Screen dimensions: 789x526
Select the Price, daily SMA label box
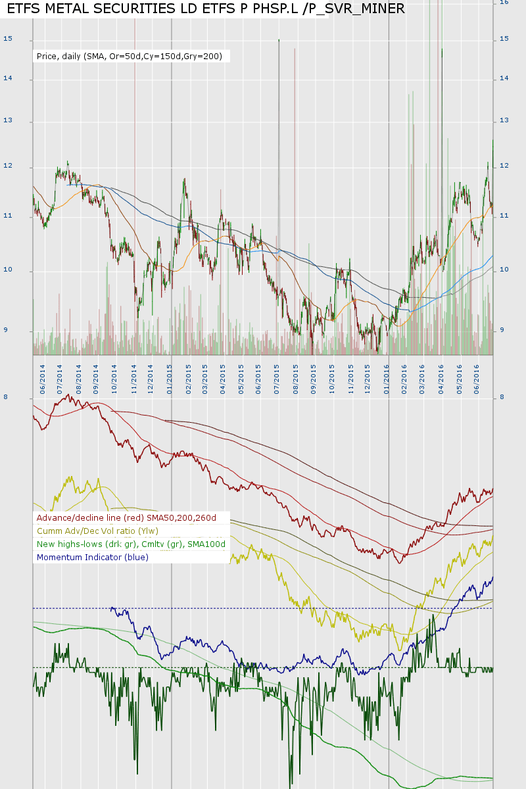pyautogui.click(x=131, y=57)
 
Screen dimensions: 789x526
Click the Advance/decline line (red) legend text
pyautogui.click(x=126, y=518)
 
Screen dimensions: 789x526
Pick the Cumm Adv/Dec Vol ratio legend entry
pyautogui.click(x=97, y=531)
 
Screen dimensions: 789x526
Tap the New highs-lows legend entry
pyautogui.click(x=131, y=544)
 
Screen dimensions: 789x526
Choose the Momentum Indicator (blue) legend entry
pyautogui.click(x=93, y=558)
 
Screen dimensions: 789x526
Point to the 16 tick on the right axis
pyautogui.click(x=504, y=3)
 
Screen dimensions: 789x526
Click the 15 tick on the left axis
pyautogui.click(x=8, y=39)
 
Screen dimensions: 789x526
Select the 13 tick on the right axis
pyautogui.click(x=504, y=121)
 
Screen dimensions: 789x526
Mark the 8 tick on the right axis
pyautogui.click(x=502, y=397)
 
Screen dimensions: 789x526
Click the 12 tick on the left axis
pyautogui.click(x=8, y=167)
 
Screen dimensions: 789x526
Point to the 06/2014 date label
pyautogui.click(x=41, y=375)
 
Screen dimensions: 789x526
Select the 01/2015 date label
pyautogui.click(x=170, y=375)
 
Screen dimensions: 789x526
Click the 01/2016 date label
pyautogui.click(x=387, y=375)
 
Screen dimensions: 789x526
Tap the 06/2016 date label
pyautogui.click(x=476, y=375)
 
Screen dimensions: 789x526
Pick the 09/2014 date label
pyautogui.click(x=96, y=375)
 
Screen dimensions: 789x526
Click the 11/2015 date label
pyautogui.click(x=350, y=375)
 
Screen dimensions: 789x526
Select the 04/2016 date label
pyautogui.click(x=441, y=375)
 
